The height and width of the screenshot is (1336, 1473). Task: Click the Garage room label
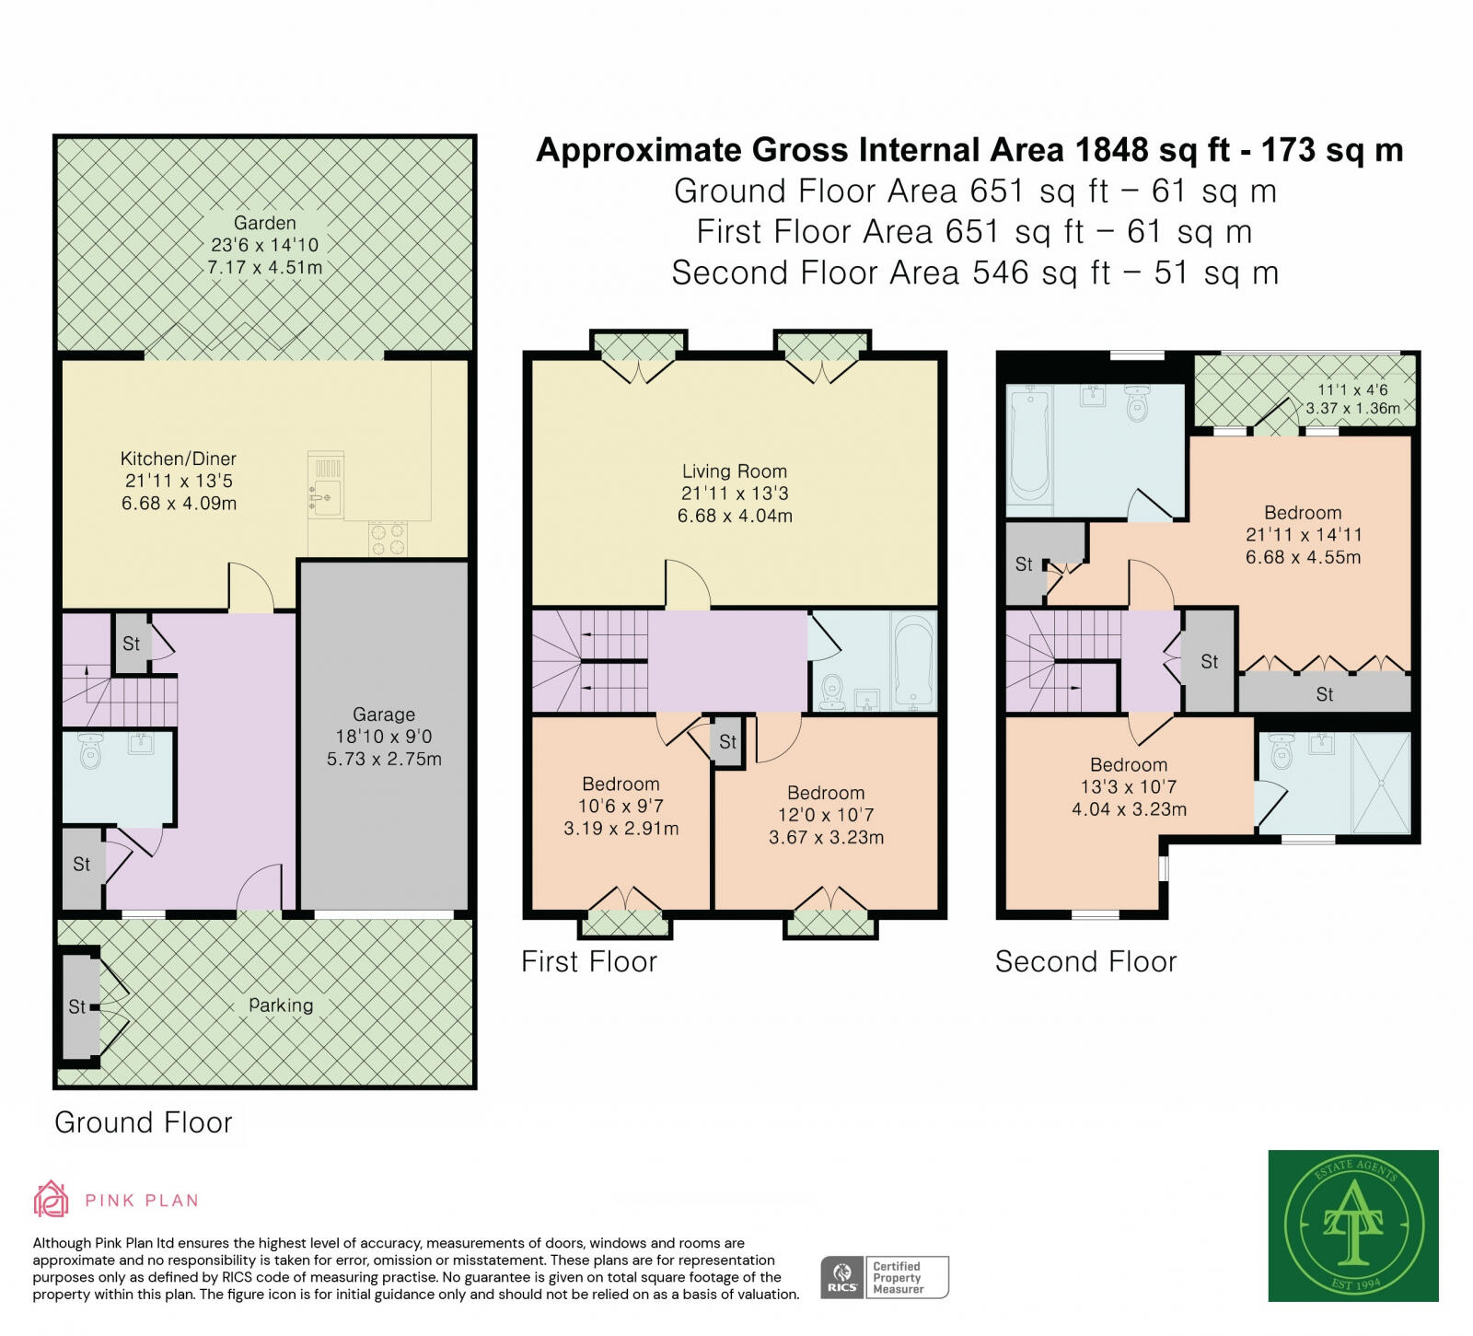coord(384,714)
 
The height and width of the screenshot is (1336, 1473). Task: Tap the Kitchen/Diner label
coord(179,459)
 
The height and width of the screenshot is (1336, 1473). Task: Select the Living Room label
coord(735,471)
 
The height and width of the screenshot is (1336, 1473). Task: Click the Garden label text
coord(265,223)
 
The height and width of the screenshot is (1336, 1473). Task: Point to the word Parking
coord(281,1005)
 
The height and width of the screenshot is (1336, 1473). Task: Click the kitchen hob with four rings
coord(388,538)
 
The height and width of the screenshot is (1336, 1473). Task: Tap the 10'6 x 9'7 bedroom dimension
coord(621,806)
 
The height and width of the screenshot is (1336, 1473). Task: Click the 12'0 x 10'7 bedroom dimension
coord(826,815)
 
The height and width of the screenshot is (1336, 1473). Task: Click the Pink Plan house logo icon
coord(51,1199)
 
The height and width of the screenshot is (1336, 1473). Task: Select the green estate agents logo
coord(1353,1226)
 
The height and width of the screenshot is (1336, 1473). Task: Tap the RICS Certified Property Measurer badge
coord(885,1277)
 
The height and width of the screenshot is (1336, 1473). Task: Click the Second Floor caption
coord(1086,962)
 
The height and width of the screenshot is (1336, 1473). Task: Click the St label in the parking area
coord(77,1007)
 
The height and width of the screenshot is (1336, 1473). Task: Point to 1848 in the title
coord(1111,150)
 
